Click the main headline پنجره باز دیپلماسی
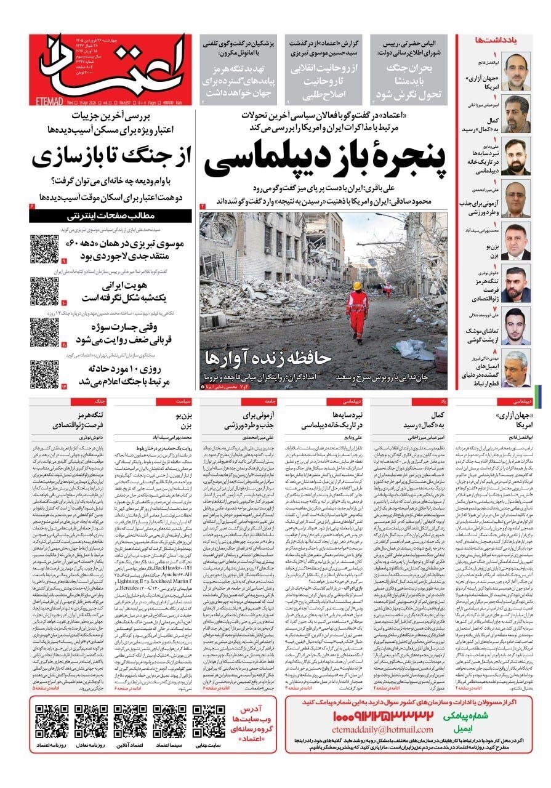click(x=324, y=159)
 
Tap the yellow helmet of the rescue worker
click(x=357, y=286)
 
